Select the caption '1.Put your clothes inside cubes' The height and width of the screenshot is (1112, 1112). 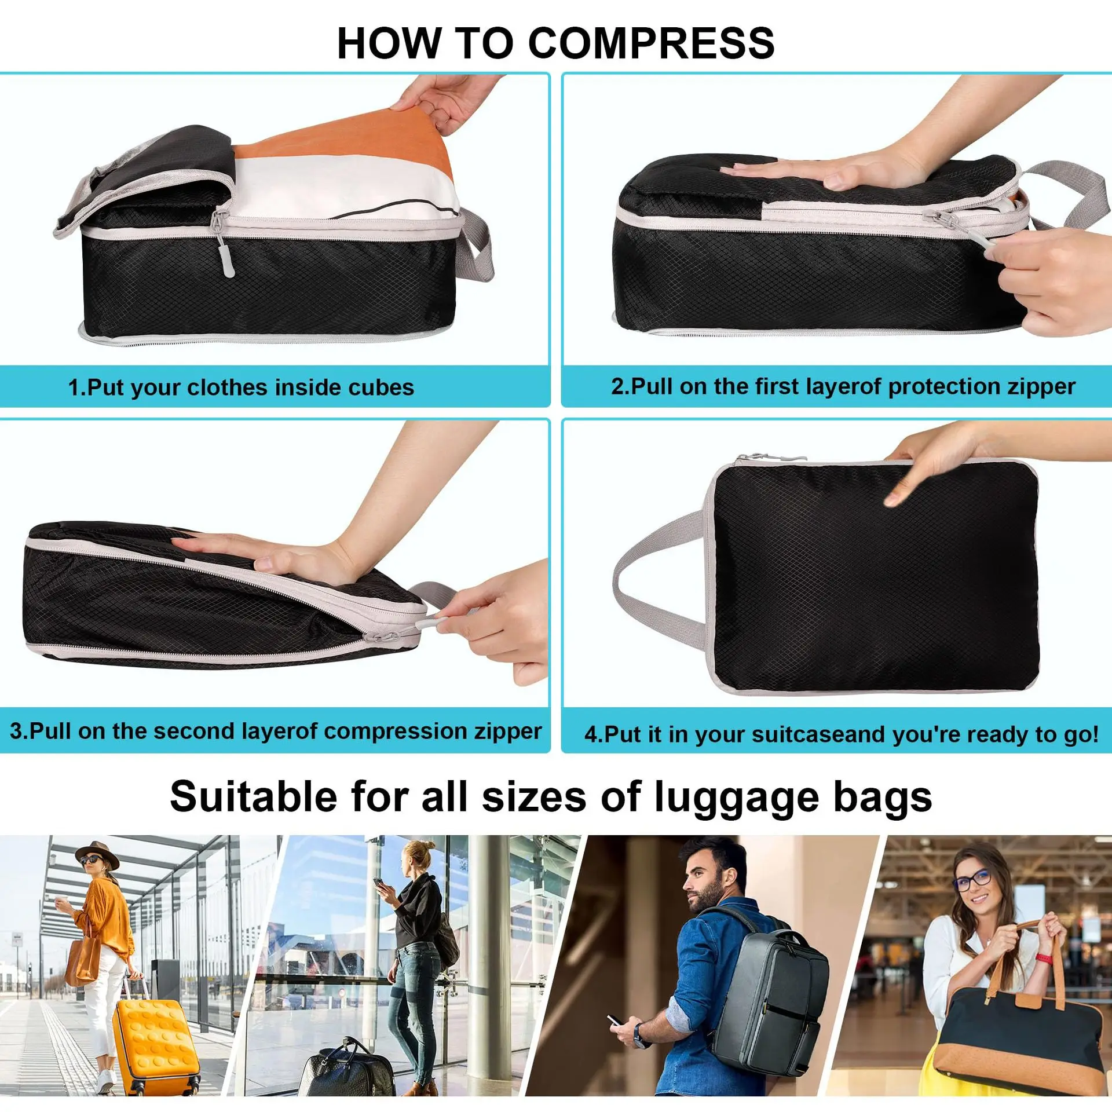pos(241,387)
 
